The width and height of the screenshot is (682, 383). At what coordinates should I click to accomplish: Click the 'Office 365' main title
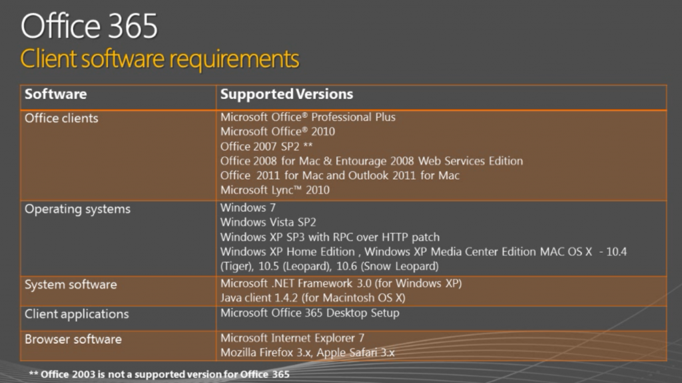pyautogui.click(x=89, y=26)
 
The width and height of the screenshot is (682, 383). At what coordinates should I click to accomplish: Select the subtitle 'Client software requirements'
pyautogui.click(x=159, y=59)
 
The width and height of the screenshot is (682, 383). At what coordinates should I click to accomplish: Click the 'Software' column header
pyautogui.click(x=55, y=94)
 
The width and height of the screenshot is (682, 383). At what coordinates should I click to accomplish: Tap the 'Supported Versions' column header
pyautogui.click(x=286, y=94)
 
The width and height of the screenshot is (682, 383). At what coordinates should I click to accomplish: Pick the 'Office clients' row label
pyautogui.click(x=61, y=118)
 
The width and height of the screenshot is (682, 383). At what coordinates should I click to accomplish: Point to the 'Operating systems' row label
pyautogui.click(x=77, y=209)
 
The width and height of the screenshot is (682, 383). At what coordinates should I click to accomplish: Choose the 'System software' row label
pyautogui.click(x=71, y=285)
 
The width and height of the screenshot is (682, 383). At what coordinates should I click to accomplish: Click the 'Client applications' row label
pyautogui.click(x=77, y=313)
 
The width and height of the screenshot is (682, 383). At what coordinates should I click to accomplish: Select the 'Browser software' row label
pyautogui.click(x=73, y=339)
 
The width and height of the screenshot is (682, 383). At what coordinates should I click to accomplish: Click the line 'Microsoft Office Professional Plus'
pyautogui.click(x=308, y=117)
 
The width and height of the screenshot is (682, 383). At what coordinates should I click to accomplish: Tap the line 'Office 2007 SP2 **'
pyautogui.click(x=266, y=146)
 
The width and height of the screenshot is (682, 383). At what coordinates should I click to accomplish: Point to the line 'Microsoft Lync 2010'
pyautogui.click(x=274, y=190)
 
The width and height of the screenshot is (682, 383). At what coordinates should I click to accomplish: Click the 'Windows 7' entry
pyautogui.click(x=248, y=208)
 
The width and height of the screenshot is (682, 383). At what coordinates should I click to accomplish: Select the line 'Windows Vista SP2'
pyautogui.click(x=268, y=223)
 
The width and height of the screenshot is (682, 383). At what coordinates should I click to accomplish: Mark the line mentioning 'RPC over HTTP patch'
pyautogui.click(x=330, y=237)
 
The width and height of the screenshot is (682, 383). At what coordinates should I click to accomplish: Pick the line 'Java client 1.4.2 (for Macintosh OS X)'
pyautogui.click(x=312, y=298)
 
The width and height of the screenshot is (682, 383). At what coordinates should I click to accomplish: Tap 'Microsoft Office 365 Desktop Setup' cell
pyautogui.click(x=310, y=313)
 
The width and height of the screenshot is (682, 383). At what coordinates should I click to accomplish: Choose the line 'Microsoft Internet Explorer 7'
pyautogui.click(x=292, y=338)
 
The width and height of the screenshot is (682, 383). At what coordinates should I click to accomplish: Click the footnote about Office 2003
pyautogui.click(x=159, y=374)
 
